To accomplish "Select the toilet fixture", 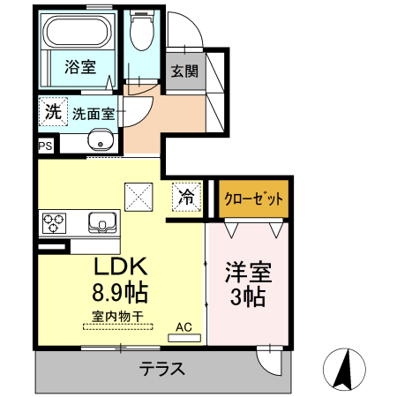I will point(140,34).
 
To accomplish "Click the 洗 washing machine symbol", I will point(52,112).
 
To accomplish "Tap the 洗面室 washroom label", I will point(93,113).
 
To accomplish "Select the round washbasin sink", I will point(101,139).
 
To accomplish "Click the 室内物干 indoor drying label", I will point(117,315).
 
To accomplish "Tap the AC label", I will point(184,326).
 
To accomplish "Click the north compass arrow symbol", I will point(347,365).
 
